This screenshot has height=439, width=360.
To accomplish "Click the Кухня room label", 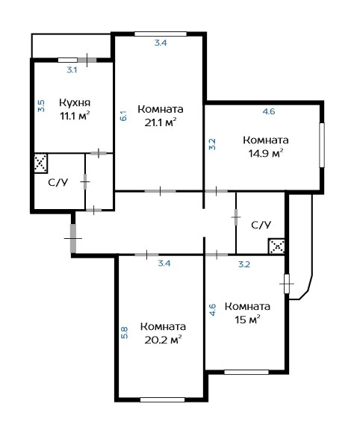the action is pyautogui.click(x=75, y=103).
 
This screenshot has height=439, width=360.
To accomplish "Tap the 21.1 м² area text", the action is pyautogui.click(x=161, y=122).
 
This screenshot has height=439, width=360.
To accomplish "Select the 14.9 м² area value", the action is pyautogui.click(x=266, y=153).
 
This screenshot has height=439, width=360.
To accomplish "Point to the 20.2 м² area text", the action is pyautogui.click(x=163, y=340).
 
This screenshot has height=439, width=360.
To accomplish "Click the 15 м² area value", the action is pyautogui.click(x=247, y=320).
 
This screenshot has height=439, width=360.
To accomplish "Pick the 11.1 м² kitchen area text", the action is pyautogui.click(x=75, y=116).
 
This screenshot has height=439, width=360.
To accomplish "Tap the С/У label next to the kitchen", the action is pyautogui.click(x=58, y=182).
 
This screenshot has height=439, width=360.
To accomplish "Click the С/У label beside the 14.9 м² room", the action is pyautogui.click(x=261, y=225).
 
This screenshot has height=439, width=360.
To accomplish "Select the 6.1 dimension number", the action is pyautogui.click(x=123, y=116).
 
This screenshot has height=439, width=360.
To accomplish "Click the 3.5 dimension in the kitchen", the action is pyautogui.click(x=41, y=106).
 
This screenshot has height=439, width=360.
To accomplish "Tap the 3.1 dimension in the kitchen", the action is pyautogui.click(x=72, y=70).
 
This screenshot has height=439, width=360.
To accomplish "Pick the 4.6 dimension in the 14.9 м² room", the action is pyautogui.click(x=268, y=112).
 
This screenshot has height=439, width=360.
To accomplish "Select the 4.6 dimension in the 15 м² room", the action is pyautogui.click(x=213, y=310).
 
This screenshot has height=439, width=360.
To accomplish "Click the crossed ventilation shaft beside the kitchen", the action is pyautogui.click(x=40, y=163).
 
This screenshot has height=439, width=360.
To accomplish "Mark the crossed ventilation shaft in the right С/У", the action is pyautogui.click(x=277, y=246).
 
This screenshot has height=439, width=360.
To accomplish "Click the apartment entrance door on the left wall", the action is pyautogui.click(x=73, y=238).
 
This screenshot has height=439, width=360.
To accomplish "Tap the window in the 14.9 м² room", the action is pyautogui.click(x=322, y=145).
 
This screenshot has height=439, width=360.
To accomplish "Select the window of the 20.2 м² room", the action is pyautogui.click(x=163, y=400).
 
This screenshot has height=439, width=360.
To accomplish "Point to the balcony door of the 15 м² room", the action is pyautogui.click(x=287, y=284).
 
